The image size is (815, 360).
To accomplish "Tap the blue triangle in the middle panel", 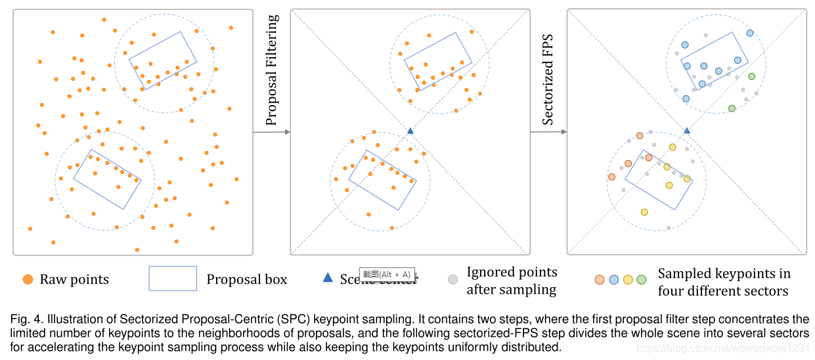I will [410, 131].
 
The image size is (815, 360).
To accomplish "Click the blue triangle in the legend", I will [328, 278].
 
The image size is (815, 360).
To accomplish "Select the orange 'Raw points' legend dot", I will [28, 279].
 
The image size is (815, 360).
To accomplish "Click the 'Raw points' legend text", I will [74, 279].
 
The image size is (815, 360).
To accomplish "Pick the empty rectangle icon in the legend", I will [173, 278].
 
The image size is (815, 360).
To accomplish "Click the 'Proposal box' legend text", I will [247, 279].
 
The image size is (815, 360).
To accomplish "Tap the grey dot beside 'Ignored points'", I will [452, 279].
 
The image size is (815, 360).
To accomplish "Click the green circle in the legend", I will [641, 279].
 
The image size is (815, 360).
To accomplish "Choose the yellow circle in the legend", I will [628, 279].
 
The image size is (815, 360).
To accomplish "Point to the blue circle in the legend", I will [614, 279].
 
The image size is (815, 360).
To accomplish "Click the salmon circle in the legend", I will [600, 279].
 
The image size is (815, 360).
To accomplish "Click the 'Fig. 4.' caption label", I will [26, 320].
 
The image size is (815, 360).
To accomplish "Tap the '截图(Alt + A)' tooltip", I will [387, 274].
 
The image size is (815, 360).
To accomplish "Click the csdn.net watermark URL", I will [723, 348].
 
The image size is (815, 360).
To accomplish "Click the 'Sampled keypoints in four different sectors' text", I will [724, 282].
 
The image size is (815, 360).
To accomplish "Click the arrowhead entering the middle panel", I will [286, 132].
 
